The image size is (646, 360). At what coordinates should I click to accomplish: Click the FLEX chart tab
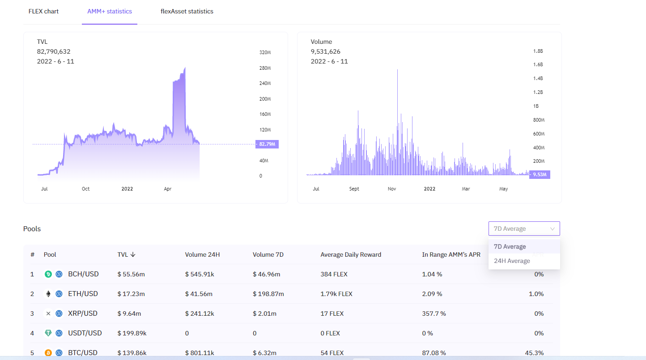tap(43, 11)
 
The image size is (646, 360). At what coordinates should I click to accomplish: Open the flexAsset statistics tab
tap(187, 11)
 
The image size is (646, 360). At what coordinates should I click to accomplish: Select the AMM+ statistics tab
tap(110, 11)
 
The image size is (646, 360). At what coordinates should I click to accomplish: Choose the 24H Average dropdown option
tap(512, 261)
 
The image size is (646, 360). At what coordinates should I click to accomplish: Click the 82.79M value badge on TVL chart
tap(267, 144)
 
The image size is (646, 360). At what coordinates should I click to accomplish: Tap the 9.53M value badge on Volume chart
tap(540, 174)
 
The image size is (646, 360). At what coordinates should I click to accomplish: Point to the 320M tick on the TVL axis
tap(265, 52)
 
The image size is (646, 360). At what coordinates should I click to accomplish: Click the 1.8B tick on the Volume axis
tap(538, 51)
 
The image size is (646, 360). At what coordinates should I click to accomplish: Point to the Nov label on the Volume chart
tap(391, 189)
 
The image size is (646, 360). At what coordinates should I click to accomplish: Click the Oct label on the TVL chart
tap(85, 189)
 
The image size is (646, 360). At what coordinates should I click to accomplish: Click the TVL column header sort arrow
tap(133, 254)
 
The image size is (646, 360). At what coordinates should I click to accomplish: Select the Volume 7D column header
tap(268, 254)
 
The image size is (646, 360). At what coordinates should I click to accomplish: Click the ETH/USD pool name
tap(83, 294)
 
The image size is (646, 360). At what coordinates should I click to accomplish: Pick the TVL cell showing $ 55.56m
tap(131, 274)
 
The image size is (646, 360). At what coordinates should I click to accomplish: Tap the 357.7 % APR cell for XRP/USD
tap(434, 313)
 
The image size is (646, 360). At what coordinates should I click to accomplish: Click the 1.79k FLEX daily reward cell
tap(336, 294)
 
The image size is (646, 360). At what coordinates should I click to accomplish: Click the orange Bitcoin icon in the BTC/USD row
tap(48, 353)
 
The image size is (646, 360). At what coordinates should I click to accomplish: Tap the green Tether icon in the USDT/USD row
tap(48, 333)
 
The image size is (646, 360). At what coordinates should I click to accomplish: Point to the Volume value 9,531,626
tap(325, 51)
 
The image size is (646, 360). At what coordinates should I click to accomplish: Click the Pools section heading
tap(32, 229)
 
